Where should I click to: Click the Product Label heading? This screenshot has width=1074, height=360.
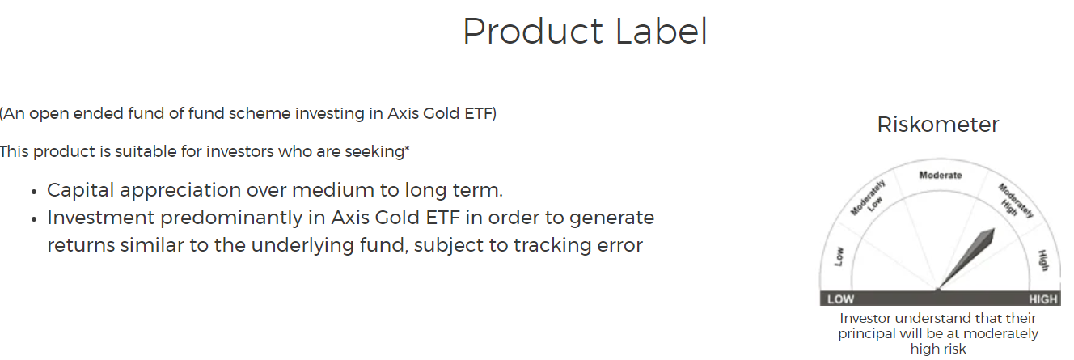pyautogui.click(x=585, y=32)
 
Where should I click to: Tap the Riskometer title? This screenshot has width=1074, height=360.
pyautogui.click(x=938, y=125)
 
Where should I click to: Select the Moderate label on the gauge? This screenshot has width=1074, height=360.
pyautogui.click(x=941, y=176)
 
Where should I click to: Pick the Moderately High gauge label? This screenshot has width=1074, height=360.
pyautogui.click(x=1014, y=201)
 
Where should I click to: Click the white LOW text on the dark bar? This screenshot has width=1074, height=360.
pyautogui.click(x=841, y=299)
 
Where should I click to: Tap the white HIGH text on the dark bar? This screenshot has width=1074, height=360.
pyautogui.click(x=1043, y=299)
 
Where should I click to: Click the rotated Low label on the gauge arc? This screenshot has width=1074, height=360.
pyautogui.click(x=838, y=256)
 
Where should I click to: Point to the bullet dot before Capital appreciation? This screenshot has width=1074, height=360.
pyautogui.click(x=34, y=193)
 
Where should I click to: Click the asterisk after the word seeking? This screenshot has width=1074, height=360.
pyautogui.click(x=407, y=149)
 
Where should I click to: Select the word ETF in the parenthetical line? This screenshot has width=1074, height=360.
pyautogui.click(x=480, y=113)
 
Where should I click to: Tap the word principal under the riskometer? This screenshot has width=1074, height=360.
pyautogui.click(x=866, y=333)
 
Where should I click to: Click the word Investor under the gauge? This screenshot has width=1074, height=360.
pyautogui.click(x=868, y=319)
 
